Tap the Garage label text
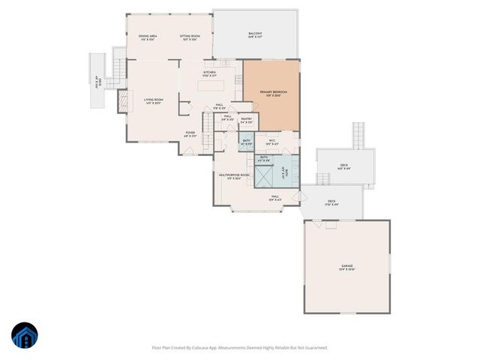[346, 266]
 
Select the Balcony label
[255, 34]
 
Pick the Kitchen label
[209, 73]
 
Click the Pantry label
[246, 118]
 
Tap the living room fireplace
[121, 101]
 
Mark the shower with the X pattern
[265, 177]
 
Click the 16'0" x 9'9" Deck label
[343, 166]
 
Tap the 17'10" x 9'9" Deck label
[332, 202]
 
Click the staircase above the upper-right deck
[359, 135]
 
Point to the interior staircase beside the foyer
[206, 121]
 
